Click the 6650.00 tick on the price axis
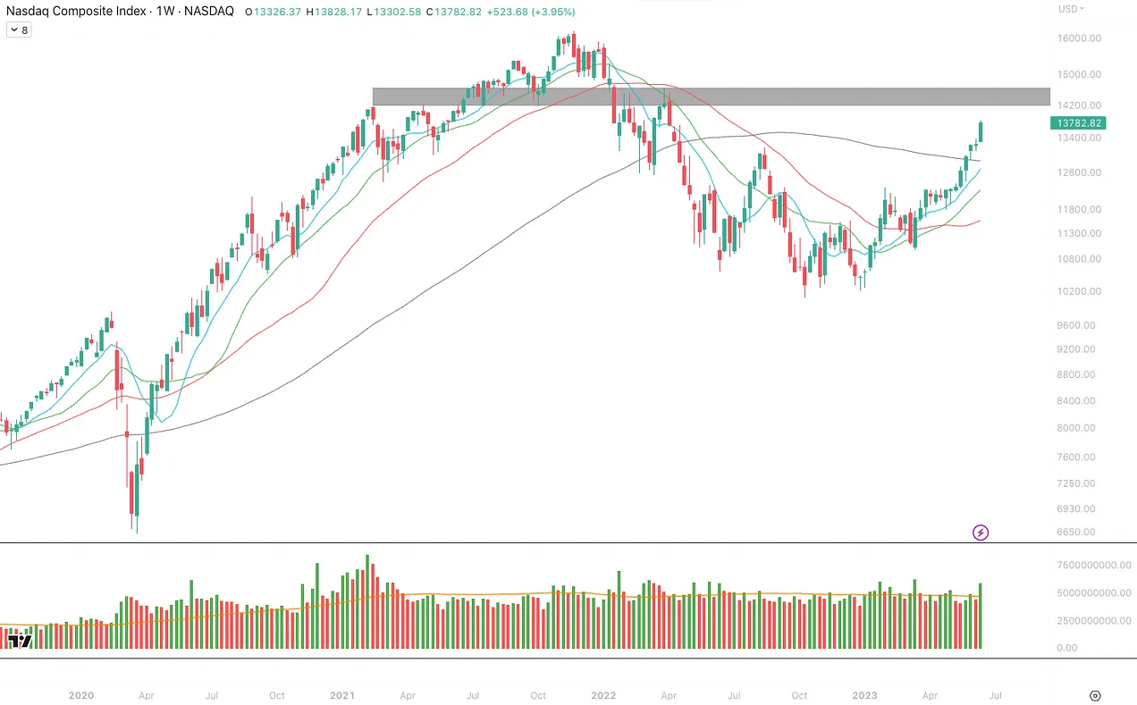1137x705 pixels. click(1080, 532)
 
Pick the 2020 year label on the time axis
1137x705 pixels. click(80, 695)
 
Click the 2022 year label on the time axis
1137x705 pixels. click(603, 695)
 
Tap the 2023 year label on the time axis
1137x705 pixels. click(864, 695)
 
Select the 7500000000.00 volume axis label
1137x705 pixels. click(1093, 565)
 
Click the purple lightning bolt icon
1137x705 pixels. click(981, 533)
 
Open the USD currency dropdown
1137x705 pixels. click(1071, 9)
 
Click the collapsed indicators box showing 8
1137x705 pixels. click(18, 29)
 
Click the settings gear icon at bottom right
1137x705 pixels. click(1095, 695)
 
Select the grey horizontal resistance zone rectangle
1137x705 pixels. click(711, 97)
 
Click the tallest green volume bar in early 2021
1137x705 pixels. click(367, 601)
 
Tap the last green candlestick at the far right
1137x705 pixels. click(981, 131)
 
